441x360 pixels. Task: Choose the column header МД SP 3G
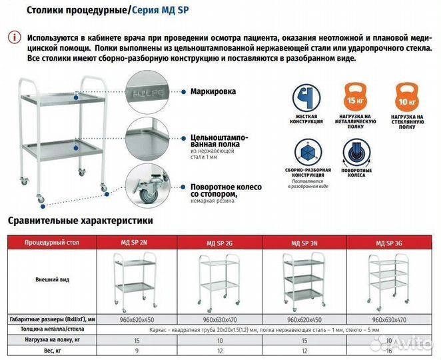[390, 243]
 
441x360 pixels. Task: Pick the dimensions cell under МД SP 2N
[137, 319]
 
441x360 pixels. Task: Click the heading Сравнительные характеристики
[81, 220]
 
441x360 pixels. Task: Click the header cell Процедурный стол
[52, 243]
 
